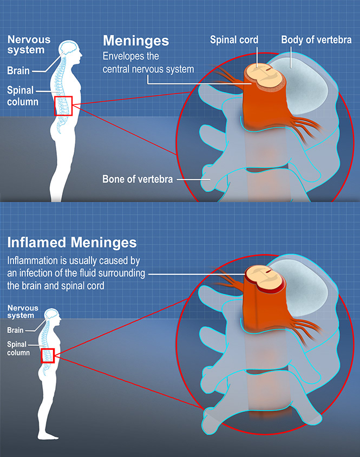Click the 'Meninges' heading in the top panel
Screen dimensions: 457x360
click(x=135, y=41)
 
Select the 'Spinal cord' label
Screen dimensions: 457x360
click(x=234, y=39)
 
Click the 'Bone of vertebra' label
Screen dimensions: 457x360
click(x=138, y=178)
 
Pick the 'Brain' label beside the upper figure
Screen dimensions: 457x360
click(x=18, y=70)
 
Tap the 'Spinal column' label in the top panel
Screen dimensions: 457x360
click(x=21, y=96)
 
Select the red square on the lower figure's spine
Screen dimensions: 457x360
click(x=48, y=355)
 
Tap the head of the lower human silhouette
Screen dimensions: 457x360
click(x=53, y=315)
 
